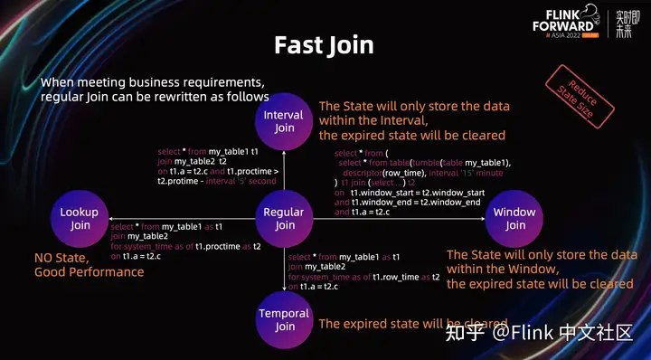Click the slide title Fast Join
click(x=324, y=46)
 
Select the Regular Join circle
click(x=285, y=219)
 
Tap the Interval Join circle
click(x=285, y=122)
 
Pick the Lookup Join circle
click(x=80, y=219)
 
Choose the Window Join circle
click(x=514, y=219)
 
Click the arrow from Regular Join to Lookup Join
click(x=181, y=220)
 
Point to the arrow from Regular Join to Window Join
click(x=398, y=220)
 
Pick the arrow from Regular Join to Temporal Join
click(x=285, y=270)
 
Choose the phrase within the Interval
click(x=373, y=120)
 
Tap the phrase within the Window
click(x=501, y=269)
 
